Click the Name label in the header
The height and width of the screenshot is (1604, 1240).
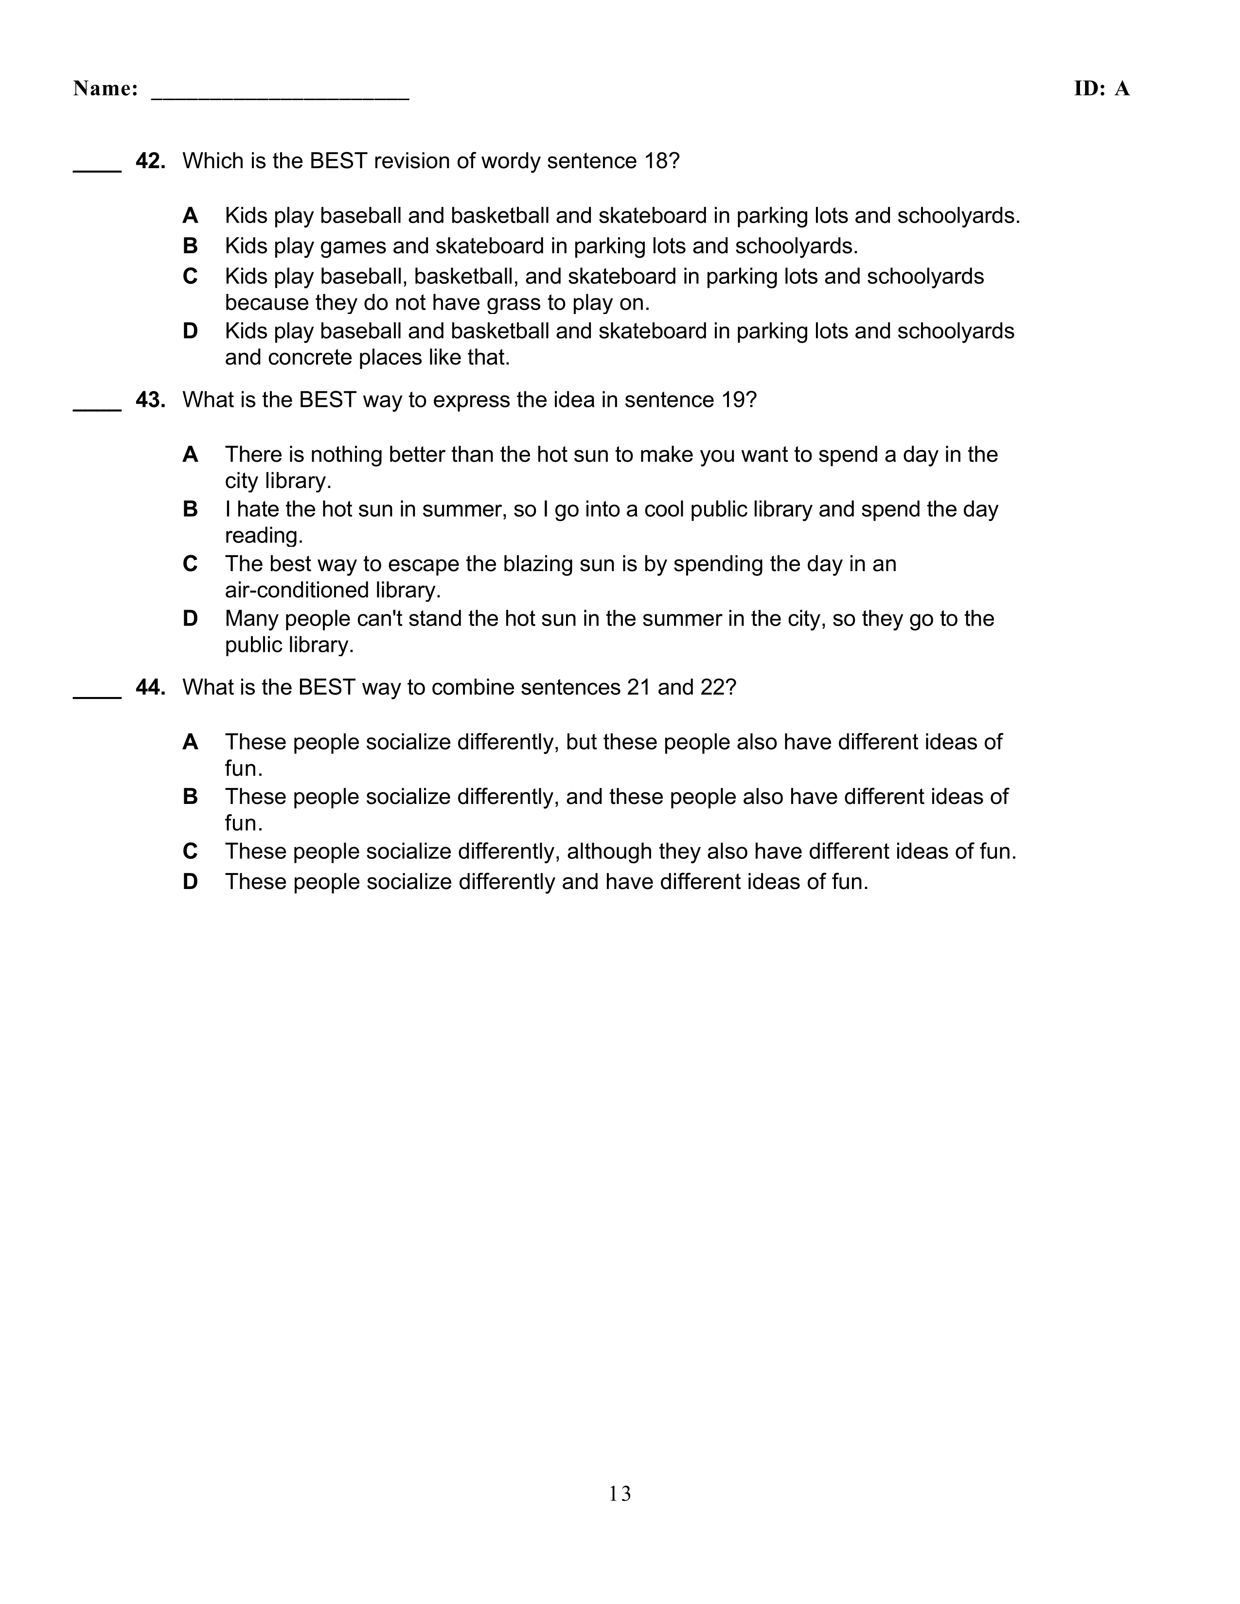click(105, 89)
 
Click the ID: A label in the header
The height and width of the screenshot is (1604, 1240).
click(1101, 89)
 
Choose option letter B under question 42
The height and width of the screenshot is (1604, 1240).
click(190, 246)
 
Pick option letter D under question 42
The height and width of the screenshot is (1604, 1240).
click(190, 331)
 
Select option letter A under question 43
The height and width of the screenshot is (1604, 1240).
click(190, 454)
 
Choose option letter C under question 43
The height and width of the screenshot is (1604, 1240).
click(190, 564)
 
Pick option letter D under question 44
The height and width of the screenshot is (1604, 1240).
click(190, 881)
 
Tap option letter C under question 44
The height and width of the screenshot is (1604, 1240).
click(190, 851)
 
